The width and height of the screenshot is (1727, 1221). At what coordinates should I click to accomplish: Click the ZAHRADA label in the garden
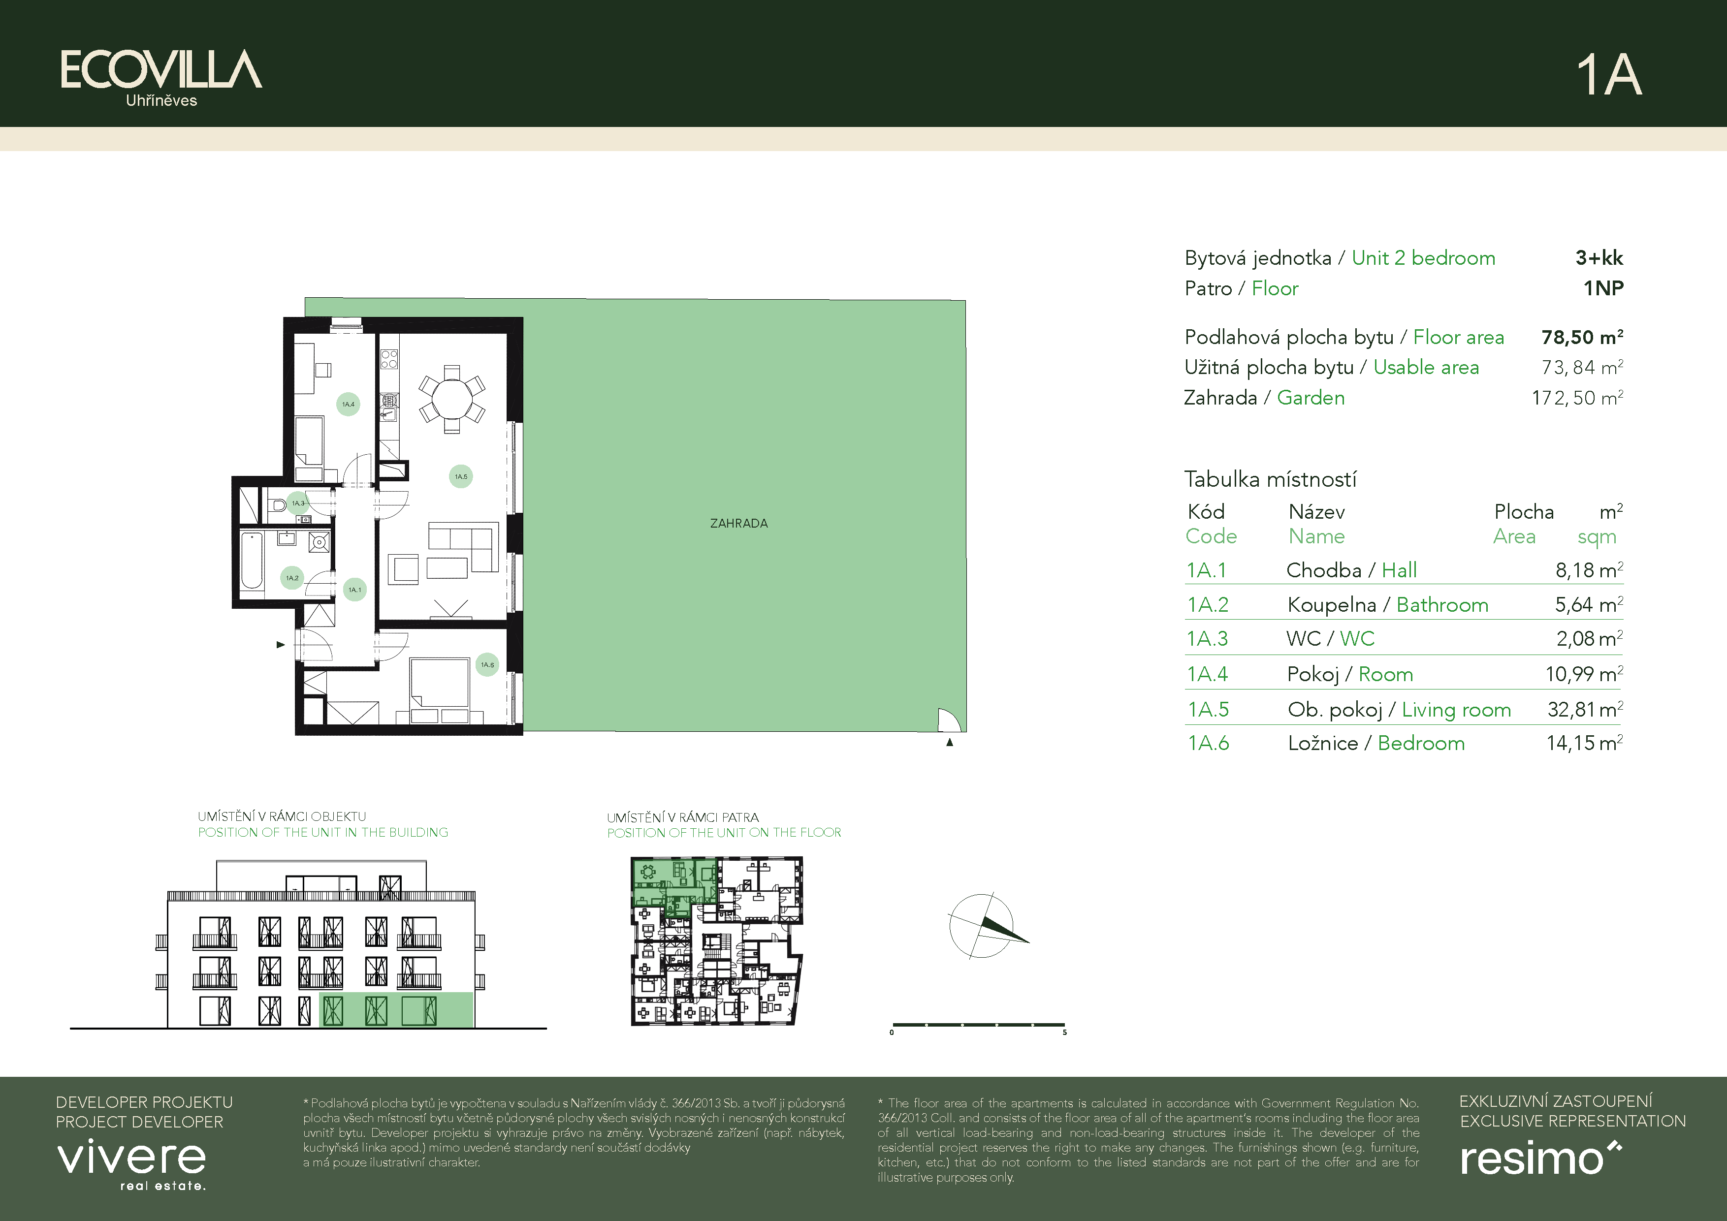pyautogui.click(x=738, y=523)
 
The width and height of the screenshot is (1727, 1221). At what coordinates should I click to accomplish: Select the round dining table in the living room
pyautogui.click(x=451, y=399)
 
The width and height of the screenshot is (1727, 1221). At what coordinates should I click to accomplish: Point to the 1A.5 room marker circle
pyautogui.click(x=461, y=476)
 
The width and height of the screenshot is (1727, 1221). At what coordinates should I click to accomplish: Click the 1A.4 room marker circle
pyautogui.click(x=348, y=405)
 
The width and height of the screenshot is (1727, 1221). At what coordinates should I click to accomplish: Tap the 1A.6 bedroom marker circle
pyautogui.click(x=487, y=664)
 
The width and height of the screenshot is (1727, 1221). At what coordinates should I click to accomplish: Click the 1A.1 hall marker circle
pyautogui.click(x=354, y=590)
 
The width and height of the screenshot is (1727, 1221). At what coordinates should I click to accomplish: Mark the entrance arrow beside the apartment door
pyautogui.click(x=281, y=644)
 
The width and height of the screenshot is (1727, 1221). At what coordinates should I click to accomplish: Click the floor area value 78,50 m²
pyautogui.click(x=1582, y=337)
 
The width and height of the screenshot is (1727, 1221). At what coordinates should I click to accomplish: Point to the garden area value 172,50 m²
pyautogui.click(x=1577, y=398)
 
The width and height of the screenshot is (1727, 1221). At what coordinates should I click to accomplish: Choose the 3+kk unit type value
pyautogui.click(x=1599, y=258)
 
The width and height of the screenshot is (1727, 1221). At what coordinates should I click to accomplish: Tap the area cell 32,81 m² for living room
pyautogui.click(x=1585, y=709)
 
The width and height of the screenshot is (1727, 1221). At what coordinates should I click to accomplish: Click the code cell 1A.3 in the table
pyautogui.click(x=1207, y=638)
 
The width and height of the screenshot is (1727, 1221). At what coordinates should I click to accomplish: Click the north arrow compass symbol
pyautogui.click(x=987, y=927)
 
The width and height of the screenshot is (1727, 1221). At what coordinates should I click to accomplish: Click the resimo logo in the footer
pyautogui.click(x=1540, y=1158)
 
